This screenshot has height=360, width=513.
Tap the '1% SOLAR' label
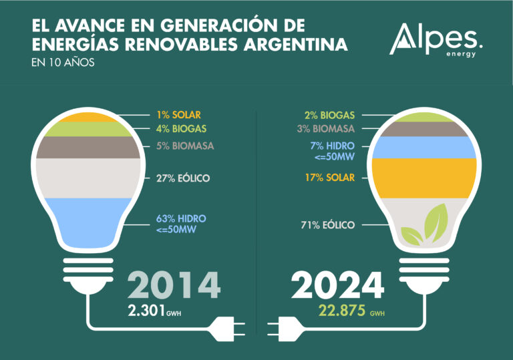tap(178, 115)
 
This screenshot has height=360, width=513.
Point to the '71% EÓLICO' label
tap(328, 225)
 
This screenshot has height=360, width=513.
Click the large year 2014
tap(174, 285)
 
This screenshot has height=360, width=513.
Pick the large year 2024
tap(338, 285)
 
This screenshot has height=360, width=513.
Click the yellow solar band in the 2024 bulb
tap(424, 178)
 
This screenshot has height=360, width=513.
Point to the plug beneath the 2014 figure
tap(226, 328)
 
